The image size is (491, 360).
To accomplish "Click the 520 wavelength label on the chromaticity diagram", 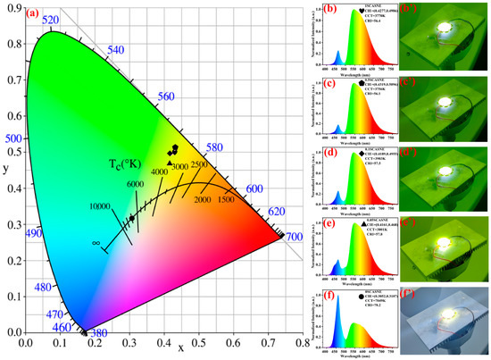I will [x=50, y=20].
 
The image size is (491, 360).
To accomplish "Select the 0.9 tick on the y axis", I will [x=12, y=7].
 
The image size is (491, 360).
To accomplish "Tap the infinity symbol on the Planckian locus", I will [x=96, y=242].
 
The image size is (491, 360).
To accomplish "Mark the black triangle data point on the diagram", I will [x=171, y=163].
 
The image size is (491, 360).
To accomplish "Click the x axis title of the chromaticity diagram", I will [x=181, y=348].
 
